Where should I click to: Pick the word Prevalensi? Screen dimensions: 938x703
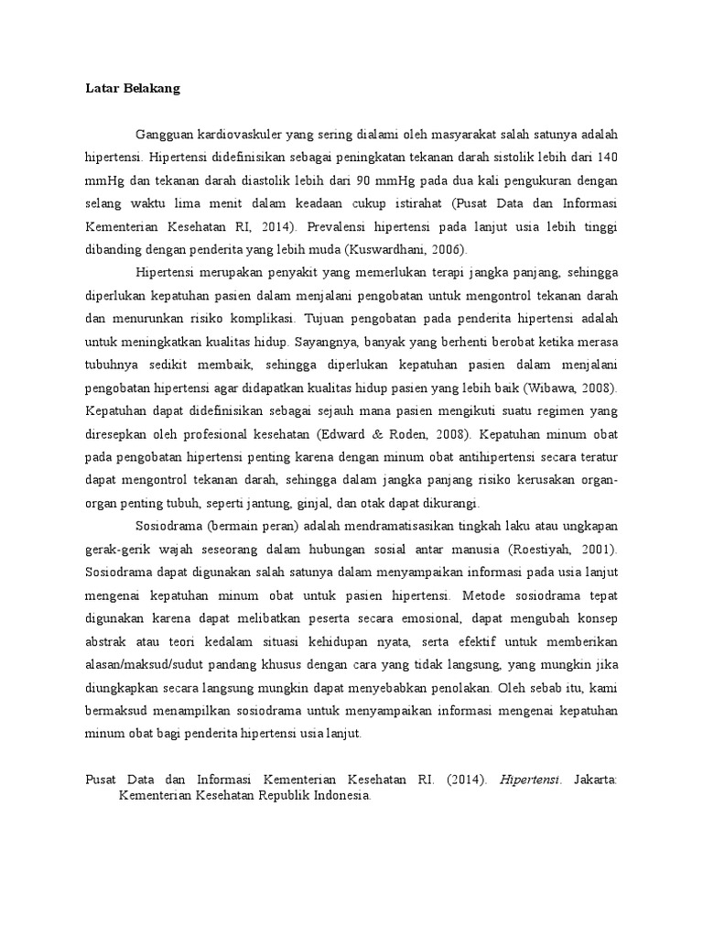pyautogui.click(x=340, y=225)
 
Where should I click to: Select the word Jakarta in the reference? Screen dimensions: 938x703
pyautogui.click(x=595, y=780)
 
